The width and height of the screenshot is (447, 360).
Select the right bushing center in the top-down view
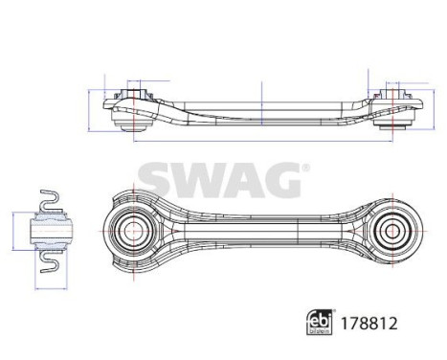tap(390, 231)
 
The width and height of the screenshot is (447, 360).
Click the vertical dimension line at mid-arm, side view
tap(261, 102)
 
